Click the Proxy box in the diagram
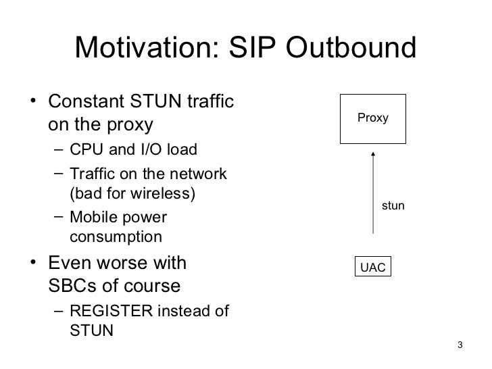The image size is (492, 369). coord(373,118)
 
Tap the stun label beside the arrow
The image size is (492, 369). coord(393,205)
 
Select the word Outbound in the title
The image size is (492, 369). coord(361,49)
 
